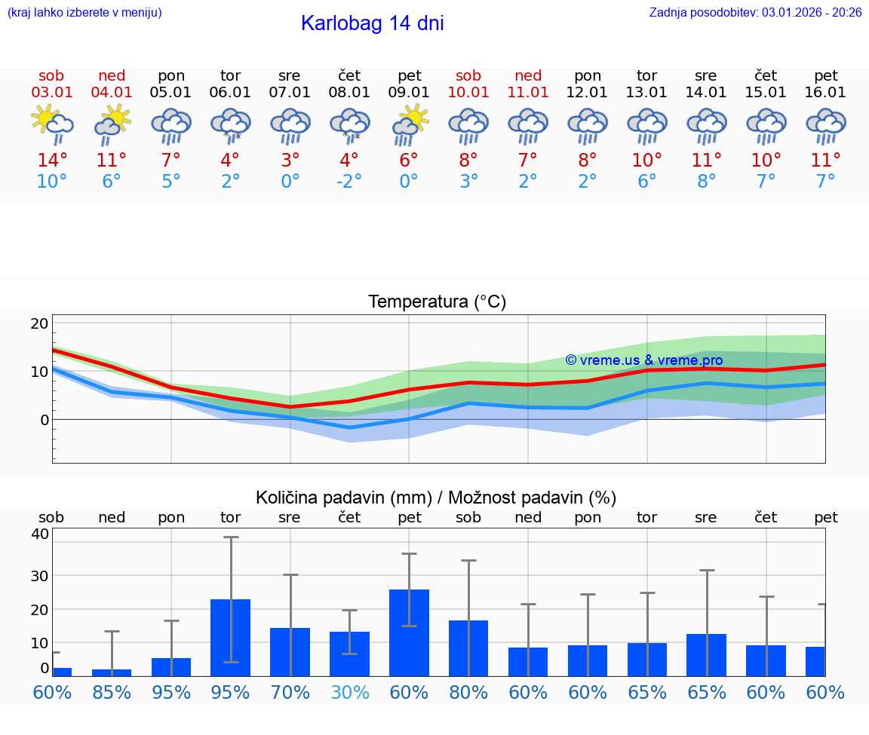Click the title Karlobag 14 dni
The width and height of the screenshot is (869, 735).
click(372, 23)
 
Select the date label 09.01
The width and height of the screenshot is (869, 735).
click(410, 92)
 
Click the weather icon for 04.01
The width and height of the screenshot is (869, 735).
click(112, 124)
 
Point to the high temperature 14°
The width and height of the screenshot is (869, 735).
click(51, 160)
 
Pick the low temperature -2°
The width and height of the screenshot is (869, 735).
click(349, 182)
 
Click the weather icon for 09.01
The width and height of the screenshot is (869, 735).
click(410, 124)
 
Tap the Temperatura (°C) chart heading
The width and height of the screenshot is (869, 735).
click(437, 302)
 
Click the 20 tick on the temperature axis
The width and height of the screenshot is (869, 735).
click(39, 323)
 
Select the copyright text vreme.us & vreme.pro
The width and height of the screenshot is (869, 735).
click(644, 360)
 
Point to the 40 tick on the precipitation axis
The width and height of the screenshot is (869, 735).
click(39, 534)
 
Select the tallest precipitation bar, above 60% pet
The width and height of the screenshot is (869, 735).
click(410, 632)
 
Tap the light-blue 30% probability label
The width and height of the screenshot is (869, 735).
click(350, 692)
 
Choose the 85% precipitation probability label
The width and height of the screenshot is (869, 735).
click(112, 692)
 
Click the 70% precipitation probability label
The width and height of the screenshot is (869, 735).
click(290, 692)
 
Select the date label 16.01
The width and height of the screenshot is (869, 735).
click(826, 92)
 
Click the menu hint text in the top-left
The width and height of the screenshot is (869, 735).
click(84, 12)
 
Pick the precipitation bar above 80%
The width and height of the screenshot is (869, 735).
click(468, 648)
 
